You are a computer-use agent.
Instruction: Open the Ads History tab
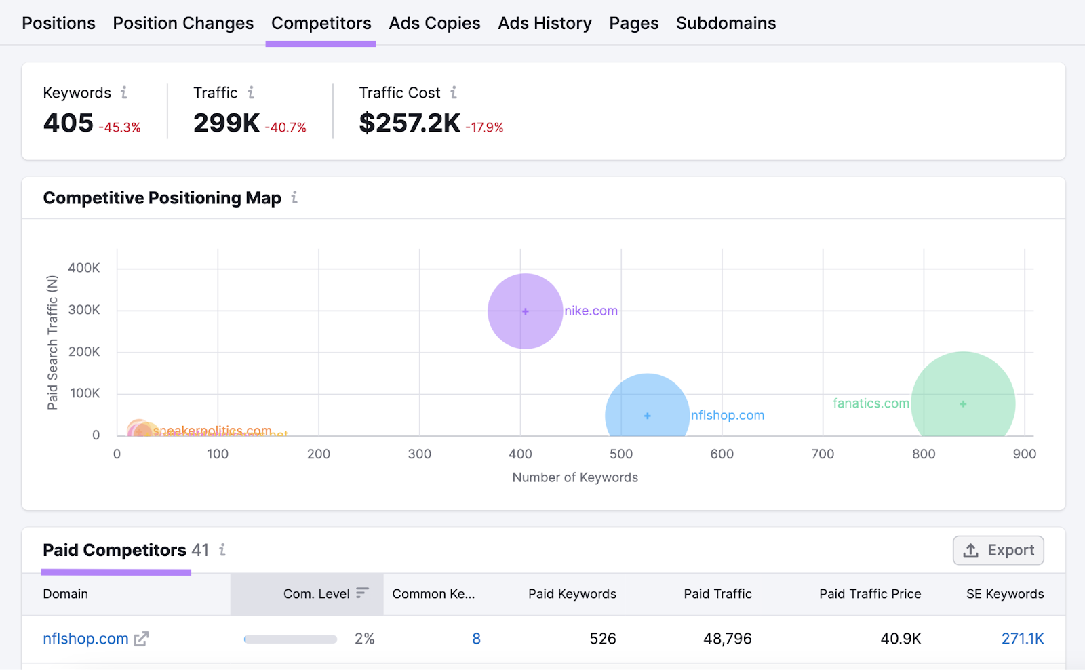point(545,23)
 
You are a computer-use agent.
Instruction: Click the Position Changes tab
point(183,23)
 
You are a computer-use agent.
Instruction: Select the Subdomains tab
point(726,23)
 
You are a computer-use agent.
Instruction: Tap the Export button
point(998,550)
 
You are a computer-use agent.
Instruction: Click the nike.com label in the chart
point(591,311)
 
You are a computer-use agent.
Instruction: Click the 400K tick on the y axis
point(84,268)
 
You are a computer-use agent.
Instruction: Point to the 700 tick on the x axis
point(823,454)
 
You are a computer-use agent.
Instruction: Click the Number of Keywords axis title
point(575,477)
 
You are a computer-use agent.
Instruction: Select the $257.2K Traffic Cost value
point(410,123)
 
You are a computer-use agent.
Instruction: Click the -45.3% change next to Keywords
point(120,127)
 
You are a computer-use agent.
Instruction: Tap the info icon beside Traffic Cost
point(454,92)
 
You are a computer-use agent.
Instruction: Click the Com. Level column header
point(317,594)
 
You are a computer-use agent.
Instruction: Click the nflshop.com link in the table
point(85,639)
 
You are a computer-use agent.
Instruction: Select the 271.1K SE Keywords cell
point(1022,639)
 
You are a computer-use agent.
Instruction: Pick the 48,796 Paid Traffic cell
point(727,639)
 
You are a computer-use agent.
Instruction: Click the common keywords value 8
point(476,639)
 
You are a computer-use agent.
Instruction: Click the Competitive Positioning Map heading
point(162,198)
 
